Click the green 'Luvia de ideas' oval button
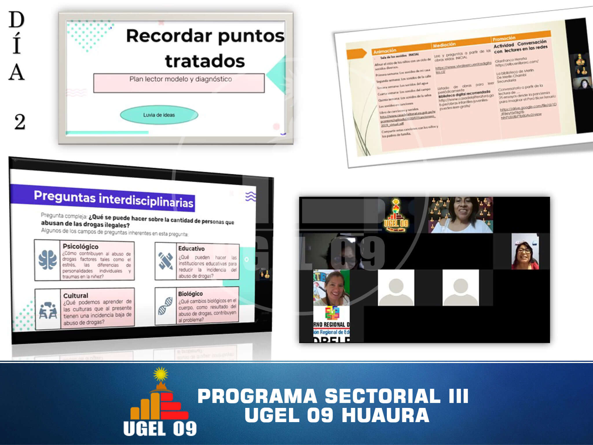(159, 115)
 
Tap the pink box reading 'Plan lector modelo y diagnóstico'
(179, 83)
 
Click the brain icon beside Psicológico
(47, 260)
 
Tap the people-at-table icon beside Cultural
(48, 310)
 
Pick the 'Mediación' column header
(444, 45)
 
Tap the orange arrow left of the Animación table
(356, 54)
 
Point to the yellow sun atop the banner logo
(161, 374)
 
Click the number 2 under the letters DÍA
(19, 122)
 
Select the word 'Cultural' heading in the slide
(76, 296)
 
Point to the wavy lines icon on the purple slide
(250, 196)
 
